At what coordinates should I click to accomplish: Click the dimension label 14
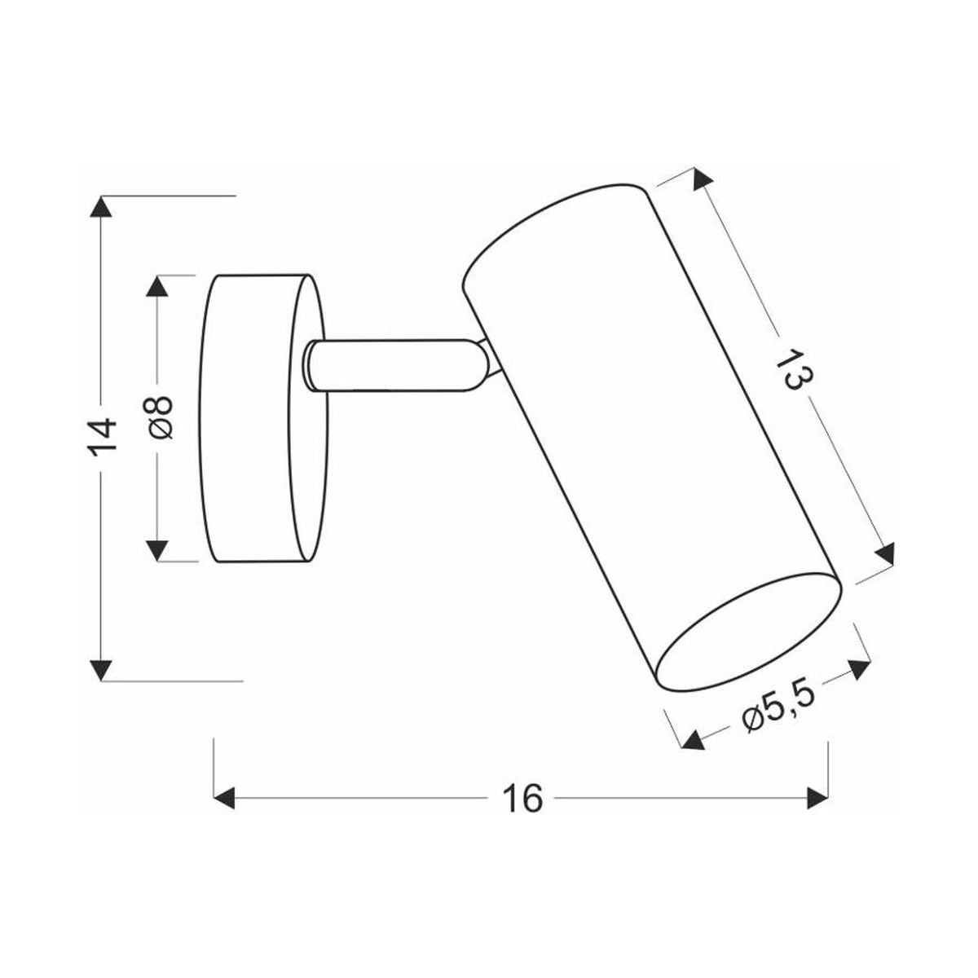[x=102, y=438]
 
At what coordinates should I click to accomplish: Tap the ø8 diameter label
[x=158, y=418]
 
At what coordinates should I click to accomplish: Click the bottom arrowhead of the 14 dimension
[x=101, y=669]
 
